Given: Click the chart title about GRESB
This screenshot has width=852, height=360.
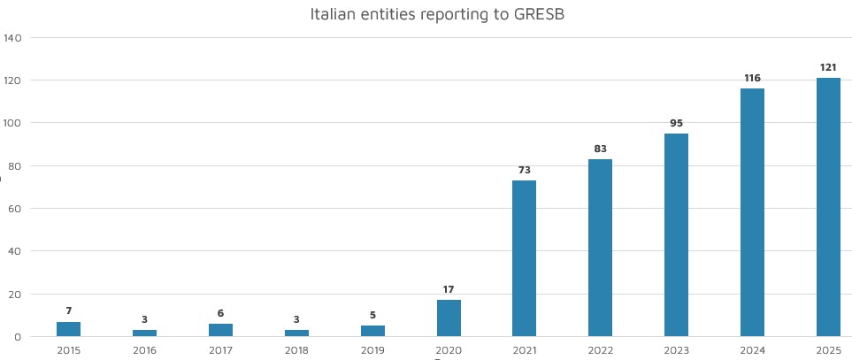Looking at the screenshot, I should (425, 14).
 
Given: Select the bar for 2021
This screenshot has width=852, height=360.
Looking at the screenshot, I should (525, 258).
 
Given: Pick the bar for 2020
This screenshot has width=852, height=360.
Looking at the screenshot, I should (449, 318).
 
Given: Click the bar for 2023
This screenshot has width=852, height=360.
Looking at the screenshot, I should (677, 235).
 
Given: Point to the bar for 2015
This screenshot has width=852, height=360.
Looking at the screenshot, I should (68, 329).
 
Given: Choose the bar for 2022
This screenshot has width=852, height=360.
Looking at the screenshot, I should (601, 248).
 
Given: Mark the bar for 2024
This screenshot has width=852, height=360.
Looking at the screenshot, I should (753, 212).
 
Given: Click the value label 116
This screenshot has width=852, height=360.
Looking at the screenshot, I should (753, 78).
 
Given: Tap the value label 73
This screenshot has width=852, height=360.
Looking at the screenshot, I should (525, 170).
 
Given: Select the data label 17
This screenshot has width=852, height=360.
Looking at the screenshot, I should (449, 289).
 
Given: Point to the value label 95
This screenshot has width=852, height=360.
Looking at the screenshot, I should (677, 123).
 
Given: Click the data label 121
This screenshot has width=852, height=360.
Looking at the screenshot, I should (829, 67).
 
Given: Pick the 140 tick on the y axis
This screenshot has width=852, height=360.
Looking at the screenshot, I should (13, 38).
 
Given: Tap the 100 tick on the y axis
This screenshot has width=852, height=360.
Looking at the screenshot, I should (13, 123).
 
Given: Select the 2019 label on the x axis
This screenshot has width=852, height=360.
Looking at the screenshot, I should (372, 350).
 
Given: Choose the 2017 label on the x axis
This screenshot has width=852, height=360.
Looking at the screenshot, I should (220, 350).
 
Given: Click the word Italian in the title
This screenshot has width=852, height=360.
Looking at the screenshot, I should (333, 14).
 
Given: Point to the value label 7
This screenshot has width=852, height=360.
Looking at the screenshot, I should (68, 310).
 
